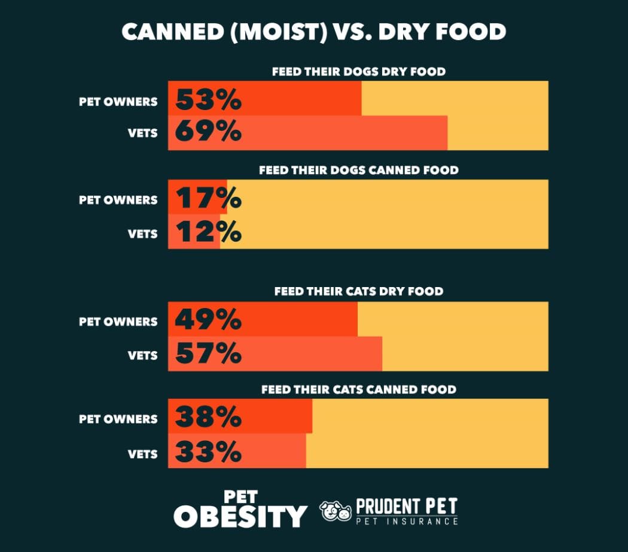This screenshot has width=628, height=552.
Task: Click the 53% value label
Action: click(x=208, y=99)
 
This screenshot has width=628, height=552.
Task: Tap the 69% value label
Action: click(x=208, y=132)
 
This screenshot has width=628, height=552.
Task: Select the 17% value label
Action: click(x=208, y=198)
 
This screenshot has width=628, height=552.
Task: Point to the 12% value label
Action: click(x=208, y=231)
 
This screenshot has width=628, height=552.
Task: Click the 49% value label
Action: click(x=208, y=320)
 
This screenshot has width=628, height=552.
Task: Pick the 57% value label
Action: click(x=208, y=353)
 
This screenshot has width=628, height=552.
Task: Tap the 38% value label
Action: click(x=208, y=417)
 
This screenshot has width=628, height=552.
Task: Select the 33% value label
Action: click(x=208, y=452)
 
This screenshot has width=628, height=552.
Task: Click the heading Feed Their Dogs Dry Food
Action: click(x=358, y=72)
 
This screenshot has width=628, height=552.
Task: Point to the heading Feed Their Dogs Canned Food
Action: click(x=358, y=170)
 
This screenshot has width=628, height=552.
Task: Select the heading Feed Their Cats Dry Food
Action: click(x=358, y=292)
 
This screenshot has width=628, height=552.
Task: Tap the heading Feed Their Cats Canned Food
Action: click(x=358, y=390)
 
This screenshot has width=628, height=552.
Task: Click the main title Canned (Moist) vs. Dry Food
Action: click(x=314, y=31)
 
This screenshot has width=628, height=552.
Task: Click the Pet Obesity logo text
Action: click(x=240, y=510)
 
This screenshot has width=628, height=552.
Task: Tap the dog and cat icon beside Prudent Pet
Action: click(x=336, y=511)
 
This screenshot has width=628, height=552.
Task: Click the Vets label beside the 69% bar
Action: click(x=143, y=133)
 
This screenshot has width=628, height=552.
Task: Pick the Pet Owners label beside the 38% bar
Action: click(x=118, y=419)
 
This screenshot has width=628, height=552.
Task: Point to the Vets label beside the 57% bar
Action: click(x=143, y=355)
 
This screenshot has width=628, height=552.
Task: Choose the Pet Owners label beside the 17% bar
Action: click(x=118, y=200)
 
